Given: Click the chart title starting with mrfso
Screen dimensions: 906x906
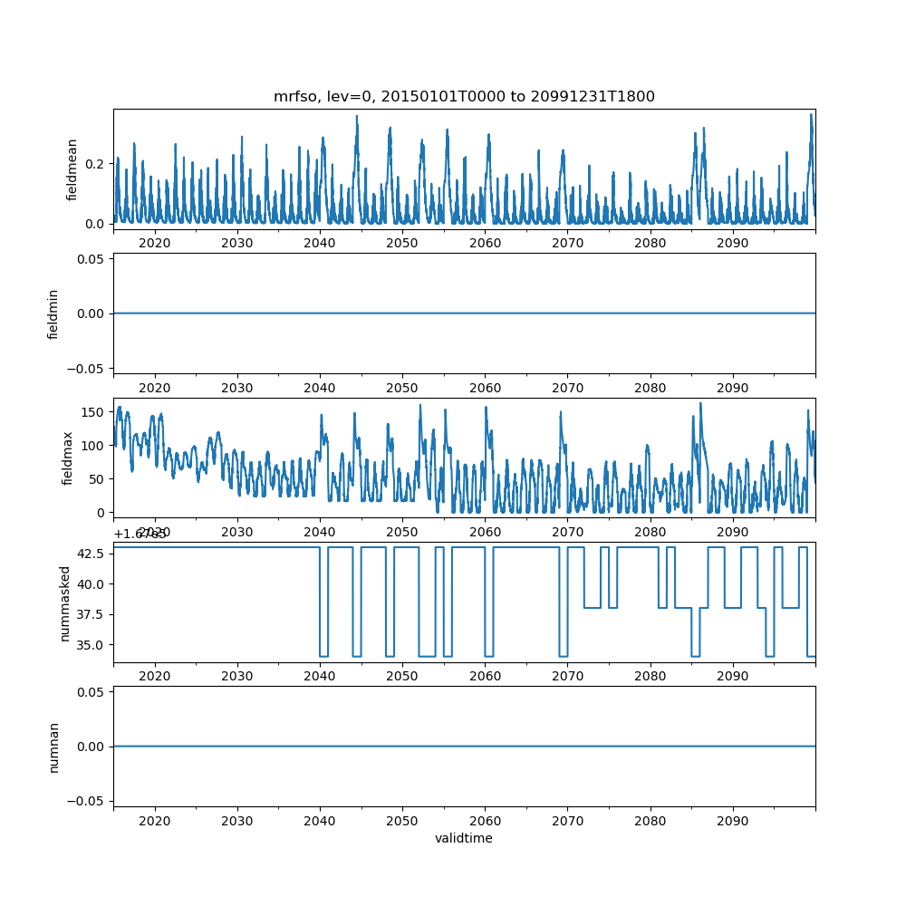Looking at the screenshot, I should pyautogui.click(x=464, y=96).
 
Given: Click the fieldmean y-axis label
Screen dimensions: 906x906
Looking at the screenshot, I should pyautogui.click(x=72, y=169).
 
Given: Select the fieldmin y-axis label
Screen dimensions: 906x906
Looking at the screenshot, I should pyautogui.click(x=53, y=313).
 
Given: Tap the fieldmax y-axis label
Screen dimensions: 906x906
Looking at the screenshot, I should pyautogui.click(x=68, y=458).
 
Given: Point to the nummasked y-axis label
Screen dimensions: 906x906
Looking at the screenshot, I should pyautogui.click(x=64, y=602).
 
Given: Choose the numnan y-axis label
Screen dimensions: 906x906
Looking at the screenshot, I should pyautogui.click(x=53, y=747).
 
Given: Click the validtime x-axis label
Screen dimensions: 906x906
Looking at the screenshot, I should pyautogui.click(x=464, y=838).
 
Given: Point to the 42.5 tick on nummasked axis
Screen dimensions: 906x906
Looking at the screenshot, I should pyautogui.click(x=91, y=554).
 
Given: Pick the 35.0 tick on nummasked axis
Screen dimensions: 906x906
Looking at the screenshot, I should pyautogui.click(x=91, y=644).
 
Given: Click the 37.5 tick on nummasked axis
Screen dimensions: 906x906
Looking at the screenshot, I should pyautogui.click(x=91, y=614).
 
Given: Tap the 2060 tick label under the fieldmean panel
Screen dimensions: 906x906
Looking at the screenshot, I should pyautogui.click(x=485, y=243).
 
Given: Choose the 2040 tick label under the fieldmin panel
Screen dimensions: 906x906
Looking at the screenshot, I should pyautogui.click(x=320, y=388).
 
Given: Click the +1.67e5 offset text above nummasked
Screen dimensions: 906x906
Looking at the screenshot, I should pyautogui.click(x=132, y=534).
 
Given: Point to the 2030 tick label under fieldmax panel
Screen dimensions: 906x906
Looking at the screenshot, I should pyautogui.click(x=237, y=532).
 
